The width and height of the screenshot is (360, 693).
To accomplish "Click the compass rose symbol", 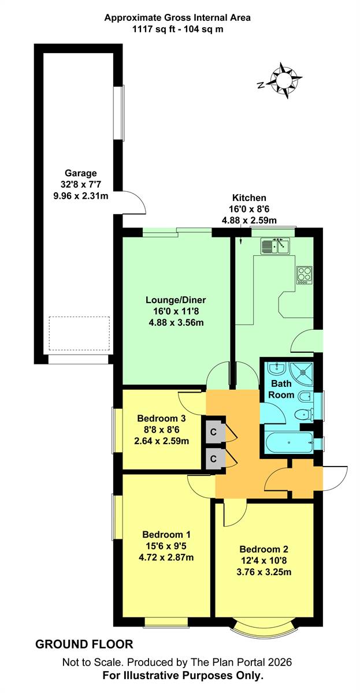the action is pos(283,80).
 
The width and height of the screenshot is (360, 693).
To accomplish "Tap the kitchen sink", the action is pos(275,246).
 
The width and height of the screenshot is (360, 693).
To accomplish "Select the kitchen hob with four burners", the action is pos(305,275).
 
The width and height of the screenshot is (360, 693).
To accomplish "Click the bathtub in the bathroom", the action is pos(289,442).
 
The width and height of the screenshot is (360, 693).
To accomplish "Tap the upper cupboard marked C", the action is pos(214,431).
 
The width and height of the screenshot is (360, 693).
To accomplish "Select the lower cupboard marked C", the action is pos(214,459).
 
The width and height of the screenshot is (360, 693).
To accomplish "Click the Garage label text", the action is pos(80,173).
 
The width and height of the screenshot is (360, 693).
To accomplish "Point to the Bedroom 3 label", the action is pos(161,418).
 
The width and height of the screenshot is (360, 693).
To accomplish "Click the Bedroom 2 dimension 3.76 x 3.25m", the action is pos(263,572).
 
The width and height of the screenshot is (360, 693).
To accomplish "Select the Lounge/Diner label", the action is pos(176,300).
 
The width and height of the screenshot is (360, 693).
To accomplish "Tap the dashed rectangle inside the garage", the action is pos(79,334).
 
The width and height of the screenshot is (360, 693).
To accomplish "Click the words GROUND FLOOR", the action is pos(84,644).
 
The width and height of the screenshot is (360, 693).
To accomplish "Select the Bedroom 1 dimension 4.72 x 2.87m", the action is pos(166,557).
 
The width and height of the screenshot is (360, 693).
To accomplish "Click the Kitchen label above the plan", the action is pos(249,198).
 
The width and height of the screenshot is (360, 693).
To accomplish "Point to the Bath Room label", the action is pos(281,389).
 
